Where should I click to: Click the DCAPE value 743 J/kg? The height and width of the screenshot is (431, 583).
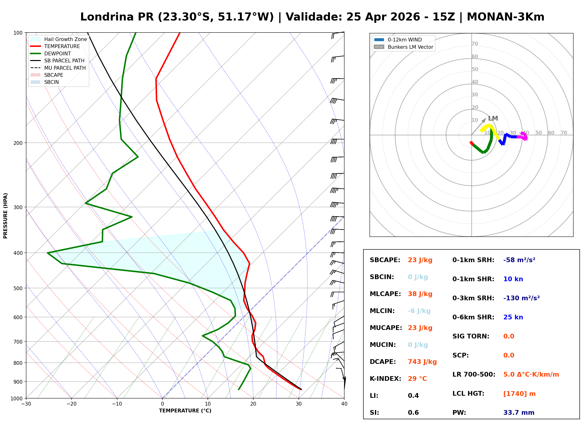(x=422, y=362)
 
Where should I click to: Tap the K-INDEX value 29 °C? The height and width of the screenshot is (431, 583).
(x=417, y=378)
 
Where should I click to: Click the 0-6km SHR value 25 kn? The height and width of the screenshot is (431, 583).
(x=513, y=317)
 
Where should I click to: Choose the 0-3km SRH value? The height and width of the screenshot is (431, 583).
(x=521, y=298)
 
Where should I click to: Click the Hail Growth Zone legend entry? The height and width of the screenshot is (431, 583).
(x=65, y=39)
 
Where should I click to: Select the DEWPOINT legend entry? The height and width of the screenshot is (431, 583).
(x=57, y=53)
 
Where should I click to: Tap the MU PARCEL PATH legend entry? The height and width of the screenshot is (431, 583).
(x=65, y=68)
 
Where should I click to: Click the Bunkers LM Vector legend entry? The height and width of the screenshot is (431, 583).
(x=410, y=47)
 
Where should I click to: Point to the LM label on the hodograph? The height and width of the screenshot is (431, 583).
(x=493, y=118)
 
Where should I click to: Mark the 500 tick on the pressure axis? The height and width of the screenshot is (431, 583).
(x=18, y=288)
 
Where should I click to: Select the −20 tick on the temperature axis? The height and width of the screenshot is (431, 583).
(x=71, y=404)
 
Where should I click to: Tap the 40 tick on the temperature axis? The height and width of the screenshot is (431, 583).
(x=344, y=404)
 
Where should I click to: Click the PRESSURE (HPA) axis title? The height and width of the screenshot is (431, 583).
(x=5, y=215)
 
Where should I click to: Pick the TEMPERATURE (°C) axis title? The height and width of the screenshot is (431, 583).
(x=185, y=411)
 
